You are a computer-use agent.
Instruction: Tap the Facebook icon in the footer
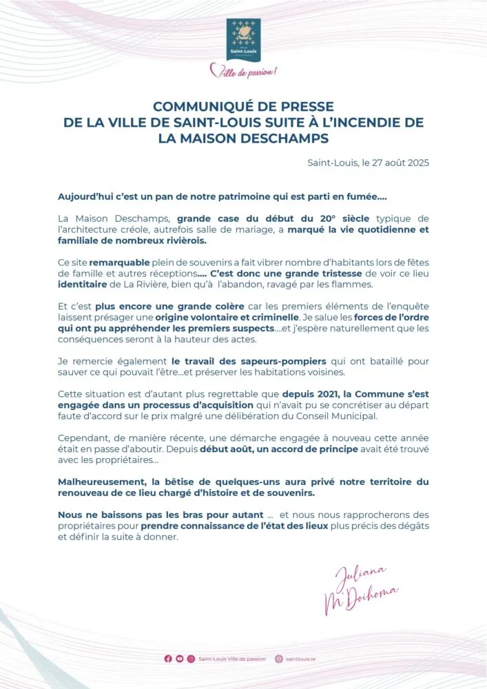(168, 659)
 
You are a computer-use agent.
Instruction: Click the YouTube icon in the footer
(180, 659)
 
